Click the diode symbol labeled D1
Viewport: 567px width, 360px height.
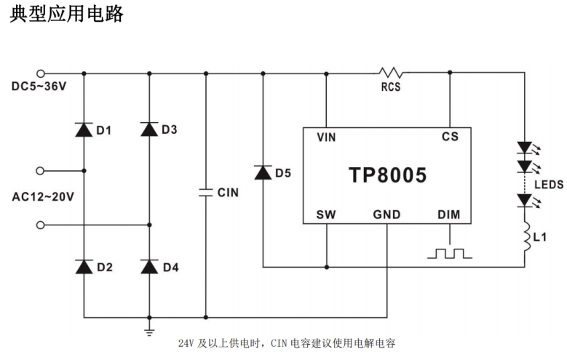(84, 130)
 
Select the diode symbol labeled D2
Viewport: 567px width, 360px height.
(84, 266)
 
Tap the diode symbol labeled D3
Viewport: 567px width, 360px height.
(149, 129)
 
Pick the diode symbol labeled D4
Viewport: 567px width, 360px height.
(149, 266)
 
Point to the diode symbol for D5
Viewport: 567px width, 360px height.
(263, 172)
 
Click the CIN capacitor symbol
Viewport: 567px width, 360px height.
(206, 192)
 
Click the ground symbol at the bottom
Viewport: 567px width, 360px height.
(149, 331)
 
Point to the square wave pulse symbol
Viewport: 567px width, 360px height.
(449, 253)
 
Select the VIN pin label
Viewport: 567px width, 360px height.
(326, 137)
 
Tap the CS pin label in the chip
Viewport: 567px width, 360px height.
(449, 137)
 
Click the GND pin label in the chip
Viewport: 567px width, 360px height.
(386, 215)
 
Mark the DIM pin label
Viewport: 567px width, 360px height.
(448, 215)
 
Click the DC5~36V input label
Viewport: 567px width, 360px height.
(39, 87)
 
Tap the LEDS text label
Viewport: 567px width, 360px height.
(548, 185)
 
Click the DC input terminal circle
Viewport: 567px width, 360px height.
(41, 73)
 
